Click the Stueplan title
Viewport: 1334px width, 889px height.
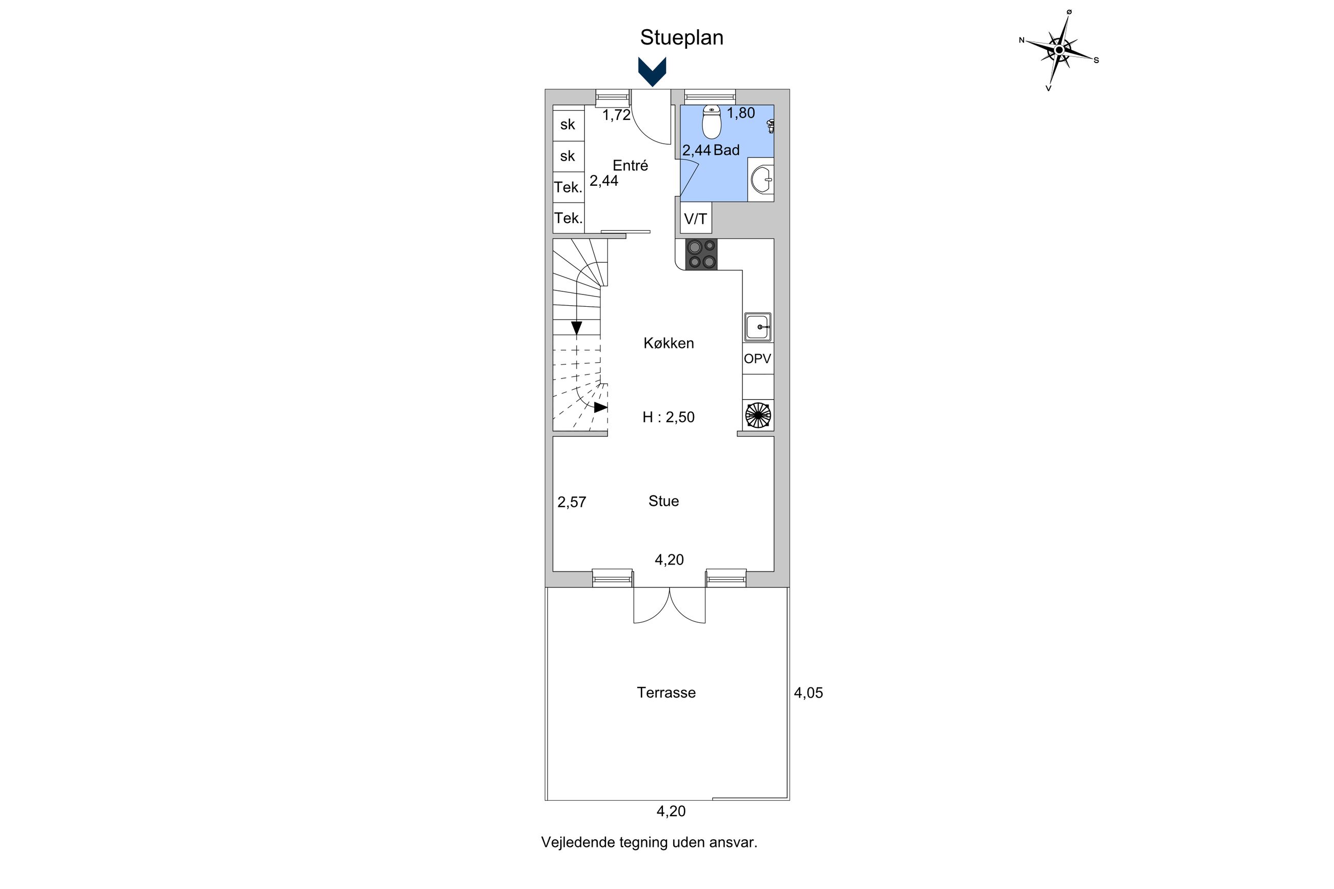[x=681, y=37]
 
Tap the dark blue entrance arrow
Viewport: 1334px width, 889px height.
[x=652, y=71]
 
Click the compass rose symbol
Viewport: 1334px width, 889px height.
[x=1059, y=50]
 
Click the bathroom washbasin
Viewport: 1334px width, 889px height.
[x=761, y=180]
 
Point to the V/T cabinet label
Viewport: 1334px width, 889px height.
[x=696, y=219]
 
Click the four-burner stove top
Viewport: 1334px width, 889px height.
[x=701, y=254]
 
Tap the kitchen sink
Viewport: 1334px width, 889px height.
[x=758, y=327]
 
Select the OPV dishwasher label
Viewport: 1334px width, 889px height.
[x=757, y=359]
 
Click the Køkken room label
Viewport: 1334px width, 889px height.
[x=669, y=343]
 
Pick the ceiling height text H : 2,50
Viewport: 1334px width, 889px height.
[x=669, y=417]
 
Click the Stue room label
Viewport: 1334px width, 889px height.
[x=663, y=501]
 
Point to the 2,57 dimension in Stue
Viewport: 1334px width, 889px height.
[x=572, y=502]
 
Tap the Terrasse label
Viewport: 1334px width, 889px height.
[x=666, y=692]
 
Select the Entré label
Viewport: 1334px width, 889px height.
[x=631, y=166]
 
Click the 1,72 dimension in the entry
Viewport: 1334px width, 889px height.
[x=616, y=115]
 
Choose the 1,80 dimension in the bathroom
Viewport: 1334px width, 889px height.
[x=741, y=113]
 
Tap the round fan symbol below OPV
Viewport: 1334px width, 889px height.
[x=758, y=415]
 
